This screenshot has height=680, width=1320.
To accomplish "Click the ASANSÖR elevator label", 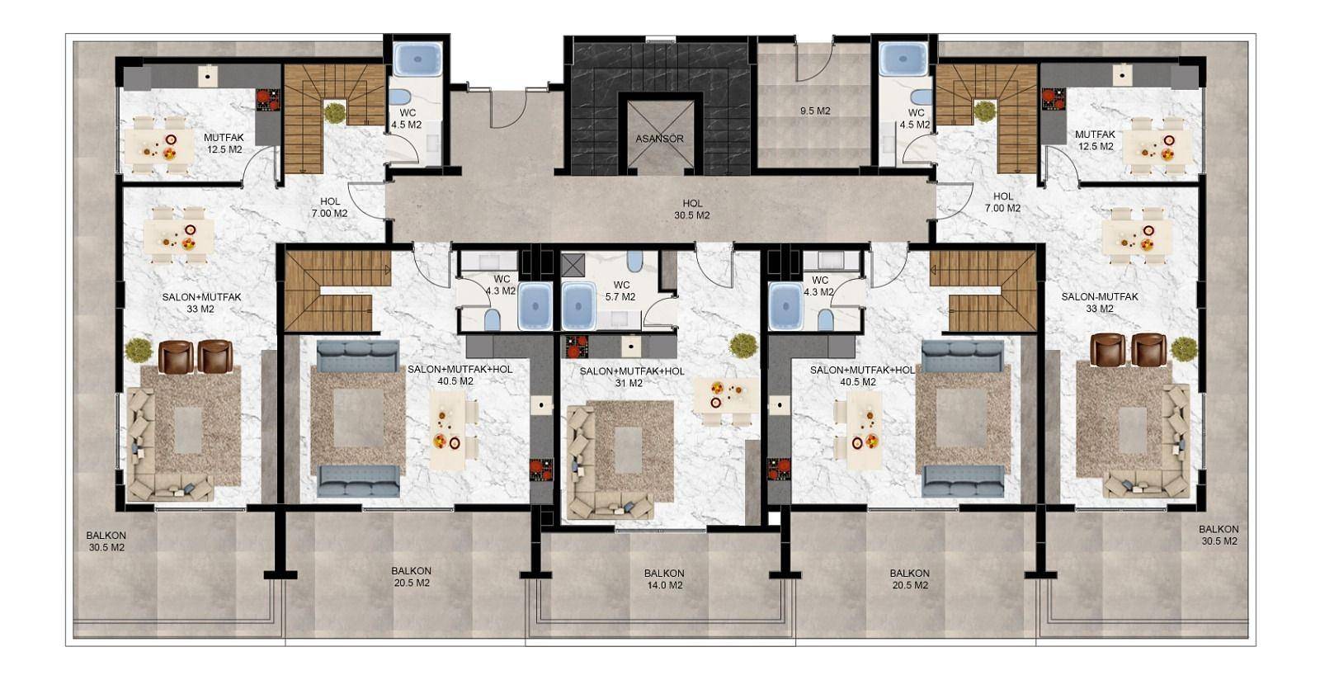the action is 659,139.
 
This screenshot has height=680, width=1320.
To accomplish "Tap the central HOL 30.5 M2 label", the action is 692,209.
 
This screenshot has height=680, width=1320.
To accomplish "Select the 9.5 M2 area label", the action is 815,111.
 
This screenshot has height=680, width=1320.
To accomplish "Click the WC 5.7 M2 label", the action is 620,291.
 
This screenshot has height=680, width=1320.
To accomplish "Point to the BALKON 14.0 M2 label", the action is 664,579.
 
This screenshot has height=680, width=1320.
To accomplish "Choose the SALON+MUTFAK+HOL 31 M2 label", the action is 632,377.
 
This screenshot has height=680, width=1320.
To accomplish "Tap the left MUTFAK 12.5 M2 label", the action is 224,144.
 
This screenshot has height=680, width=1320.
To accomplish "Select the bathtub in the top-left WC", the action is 417,59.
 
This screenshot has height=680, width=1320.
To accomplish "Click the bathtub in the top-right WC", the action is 903,59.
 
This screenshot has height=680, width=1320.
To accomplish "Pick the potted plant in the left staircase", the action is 335,112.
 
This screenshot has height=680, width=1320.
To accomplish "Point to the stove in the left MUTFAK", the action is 268,100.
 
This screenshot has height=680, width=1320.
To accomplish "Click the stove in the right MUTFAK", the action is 1053,99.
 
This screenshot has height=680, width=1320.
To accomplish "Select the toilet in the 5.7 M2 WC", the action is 634,261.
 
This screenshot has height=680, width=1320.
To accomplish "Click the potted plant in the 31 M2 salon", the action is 743,345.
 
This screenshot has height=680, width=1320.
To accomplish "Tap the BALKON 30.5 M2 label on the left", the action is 106,541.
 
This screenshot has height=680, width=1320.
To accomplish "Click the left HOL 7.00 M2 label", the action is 329,207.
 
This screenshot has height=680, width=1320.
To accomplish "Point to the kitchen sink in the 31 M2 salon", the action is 631,347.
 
